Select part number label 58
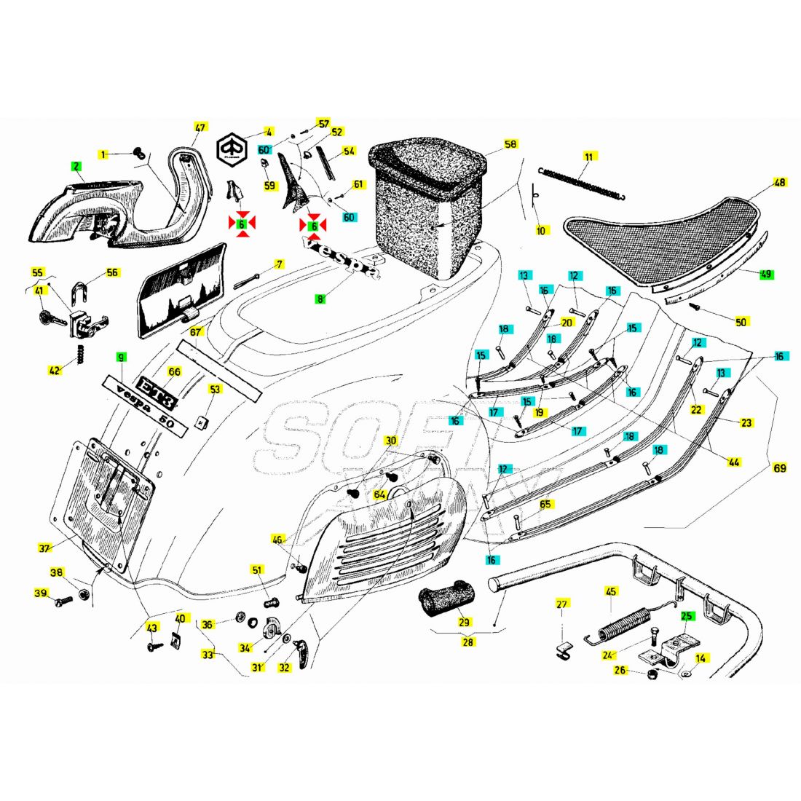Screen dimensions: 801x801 coord(510,144)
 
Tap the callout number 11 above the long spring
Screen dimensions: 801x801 coord(589,157)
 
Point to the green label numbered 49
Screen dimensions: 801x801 coord(766,275)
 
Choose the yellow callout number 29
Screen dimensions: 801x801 coord(464,622)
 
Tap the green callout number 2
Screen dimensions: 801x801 coord(76,166)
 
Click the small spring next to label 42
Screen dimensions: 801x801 coord(79,354)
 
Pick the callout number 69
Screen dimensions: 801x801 coord(780,467)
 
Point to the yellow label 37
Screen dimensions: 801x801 coord(45,548)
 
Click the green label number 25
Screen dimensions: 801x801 coord(687,616)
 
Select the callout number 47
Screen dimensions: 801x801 coord(200,127)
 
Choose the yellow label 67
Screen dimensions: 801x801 coord(196,331)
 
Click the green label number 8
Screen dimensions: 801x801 coord(320,299)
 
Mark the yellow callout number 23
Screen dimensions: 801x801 coord(746,422)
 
